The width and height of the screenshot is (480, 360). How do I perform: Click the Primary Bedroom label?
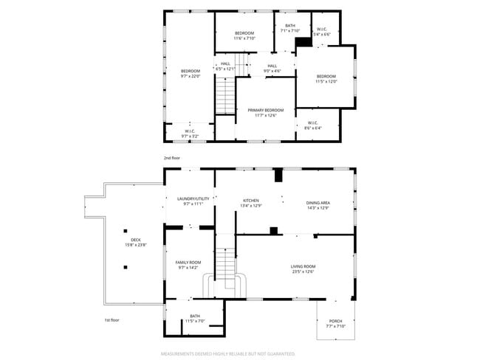[264, 110]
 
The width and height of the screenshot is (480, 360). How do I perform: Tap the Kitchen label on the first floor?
[251, 201]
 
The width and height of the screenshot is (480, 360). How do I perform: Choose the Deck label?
[136, 240]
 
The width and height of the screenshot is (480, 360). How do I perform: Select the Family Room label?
[188, 263]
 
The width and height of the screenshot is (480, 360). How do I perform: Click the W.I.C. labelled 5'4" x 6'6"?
[322, 34]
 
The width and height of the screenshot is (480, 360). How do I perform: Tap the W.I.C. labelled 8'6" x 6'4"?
[312, 128]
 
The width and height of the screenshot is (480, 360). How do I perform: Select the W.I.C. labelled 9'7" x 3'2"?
[190, 136]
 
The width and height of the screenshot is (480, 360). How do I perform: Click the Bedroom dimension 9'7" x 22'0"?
[191, 76]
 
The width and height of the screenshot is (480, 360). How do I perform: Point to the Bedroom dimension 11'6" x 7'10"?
[244, 38]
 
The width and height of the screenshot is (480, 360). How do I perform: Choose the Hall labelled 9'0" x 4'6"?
[272, 71]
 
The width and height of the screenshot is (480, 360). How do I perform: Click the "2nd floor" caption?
[171, 158]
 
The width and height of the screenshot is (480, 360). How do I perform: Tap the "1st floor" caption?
[112, 320]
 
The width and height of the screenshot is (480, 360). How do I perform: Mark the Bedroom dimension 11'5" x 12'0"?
[326, 82]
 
